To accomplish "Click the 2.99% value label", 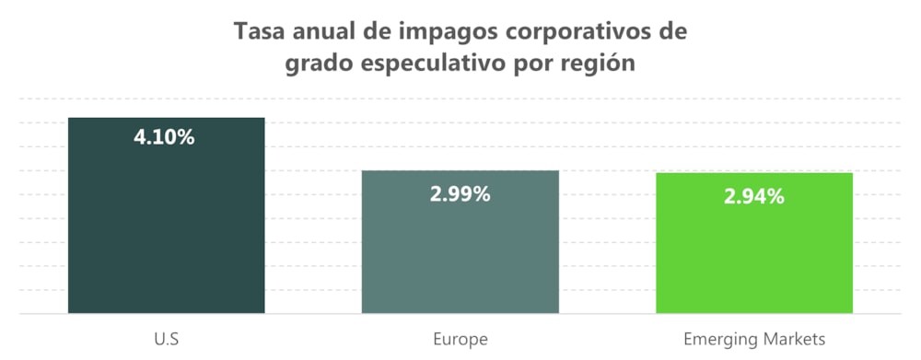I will (x=460, y=194).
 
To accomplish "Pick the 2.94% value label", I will (x=753, y=196).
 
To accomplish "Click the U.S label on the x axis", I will (x=166, y=338).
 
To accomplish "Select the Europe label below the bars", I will (x=460, y=338).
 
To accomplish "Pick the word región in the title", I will (x=601, y=67).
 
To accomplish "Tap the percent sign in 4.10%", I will (x=185, y=138).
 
